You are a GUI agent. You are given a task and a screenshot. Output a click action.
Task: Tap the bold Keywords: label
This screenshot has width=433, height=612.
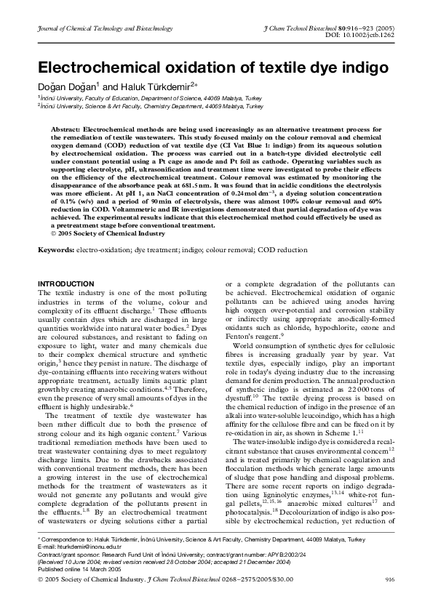[x=56, y=250]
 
